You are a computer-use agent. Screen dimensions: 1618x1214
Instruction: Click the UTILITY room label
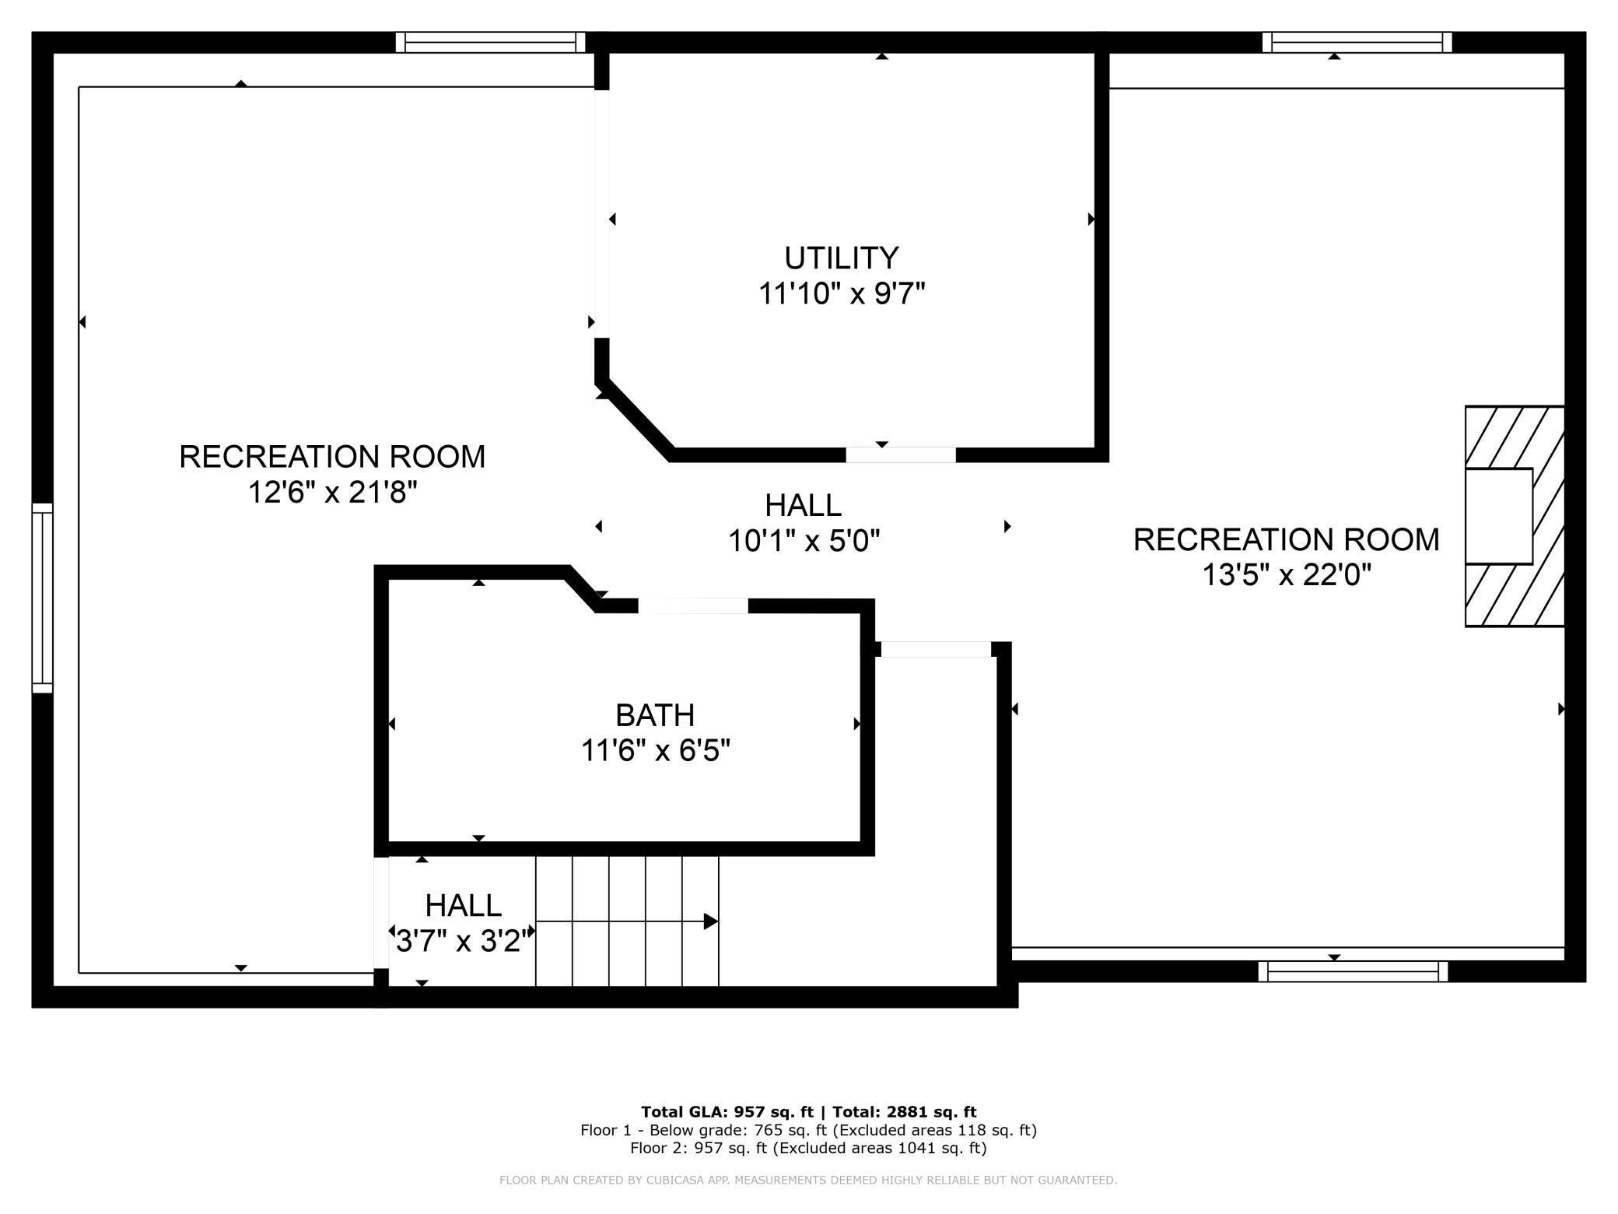841,258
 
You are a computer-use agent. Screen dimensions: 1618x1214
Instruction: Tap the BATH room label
655,714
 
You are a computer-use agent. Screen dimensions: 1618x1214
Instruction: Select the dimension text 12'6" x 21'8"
333,492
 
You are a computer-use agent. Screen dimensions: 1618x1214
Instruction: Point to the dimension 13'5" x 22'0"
1287,575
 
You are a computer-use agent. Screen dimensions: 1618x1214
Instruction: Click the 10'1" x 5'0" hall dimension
804,540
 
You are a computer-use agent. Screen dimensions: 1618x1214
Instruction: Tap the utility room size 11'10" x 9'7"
842,293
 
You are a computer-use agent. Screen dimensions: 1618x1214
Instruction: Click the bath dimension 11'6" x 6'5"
656,750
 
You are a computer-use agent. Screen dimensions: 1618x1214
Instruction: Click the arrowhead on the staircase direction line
710,921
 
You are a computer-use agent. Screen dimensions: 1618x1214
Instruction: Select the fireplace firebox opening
1498,516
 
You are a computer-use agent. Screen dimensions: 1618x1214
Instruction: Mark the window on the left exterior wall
43,598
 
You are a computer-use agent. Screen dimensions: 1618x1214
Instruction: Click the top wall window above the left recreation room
490,42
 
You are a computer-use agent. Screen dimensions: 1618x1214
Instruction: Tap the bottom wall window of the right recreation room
1353,971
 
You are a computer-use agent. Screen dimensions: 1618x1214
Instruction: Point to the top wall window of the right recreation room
1357,42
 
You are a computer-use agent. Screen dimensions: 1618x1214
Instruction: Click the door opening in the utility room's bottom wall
901,455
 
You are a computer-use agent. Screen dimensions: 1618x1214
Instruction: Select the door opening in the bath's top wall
693,606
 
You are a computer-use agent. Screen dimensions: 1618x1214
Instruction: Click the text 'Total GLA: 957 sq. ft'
727,1112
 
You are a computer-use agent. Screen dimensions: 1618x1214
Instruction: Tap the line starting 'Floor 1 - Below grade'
808,1130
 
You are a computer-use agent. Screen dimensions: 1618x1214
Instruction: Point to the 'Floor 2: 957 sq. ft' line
808,1148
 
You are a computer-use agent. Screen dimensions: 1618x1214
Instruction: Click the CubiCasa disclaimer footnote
808,1181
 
